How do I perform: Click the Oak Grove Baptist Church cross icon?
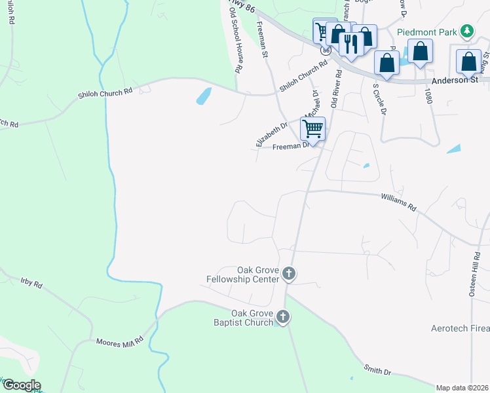click(x=283, y=318)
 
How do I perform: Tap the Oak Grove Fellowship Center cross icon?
click(x=289, y=274)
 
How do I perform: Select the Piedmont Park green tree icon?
click(x=466, y=31)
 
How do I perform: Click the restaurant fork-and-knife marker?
click(x=350, y=44)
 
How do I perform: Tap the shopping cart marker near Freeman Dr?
click(x=313, y=128)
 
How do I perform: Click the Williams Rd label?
click(x=399, y=200)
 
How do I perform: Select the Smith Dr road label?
click(x=378, y=371)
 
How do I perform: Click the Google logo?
click(x=21, y=385)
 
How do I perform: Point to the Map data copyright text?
click(x=461, y=388)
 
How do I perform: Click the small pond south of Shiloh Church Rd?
click(x=204, y=96)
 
